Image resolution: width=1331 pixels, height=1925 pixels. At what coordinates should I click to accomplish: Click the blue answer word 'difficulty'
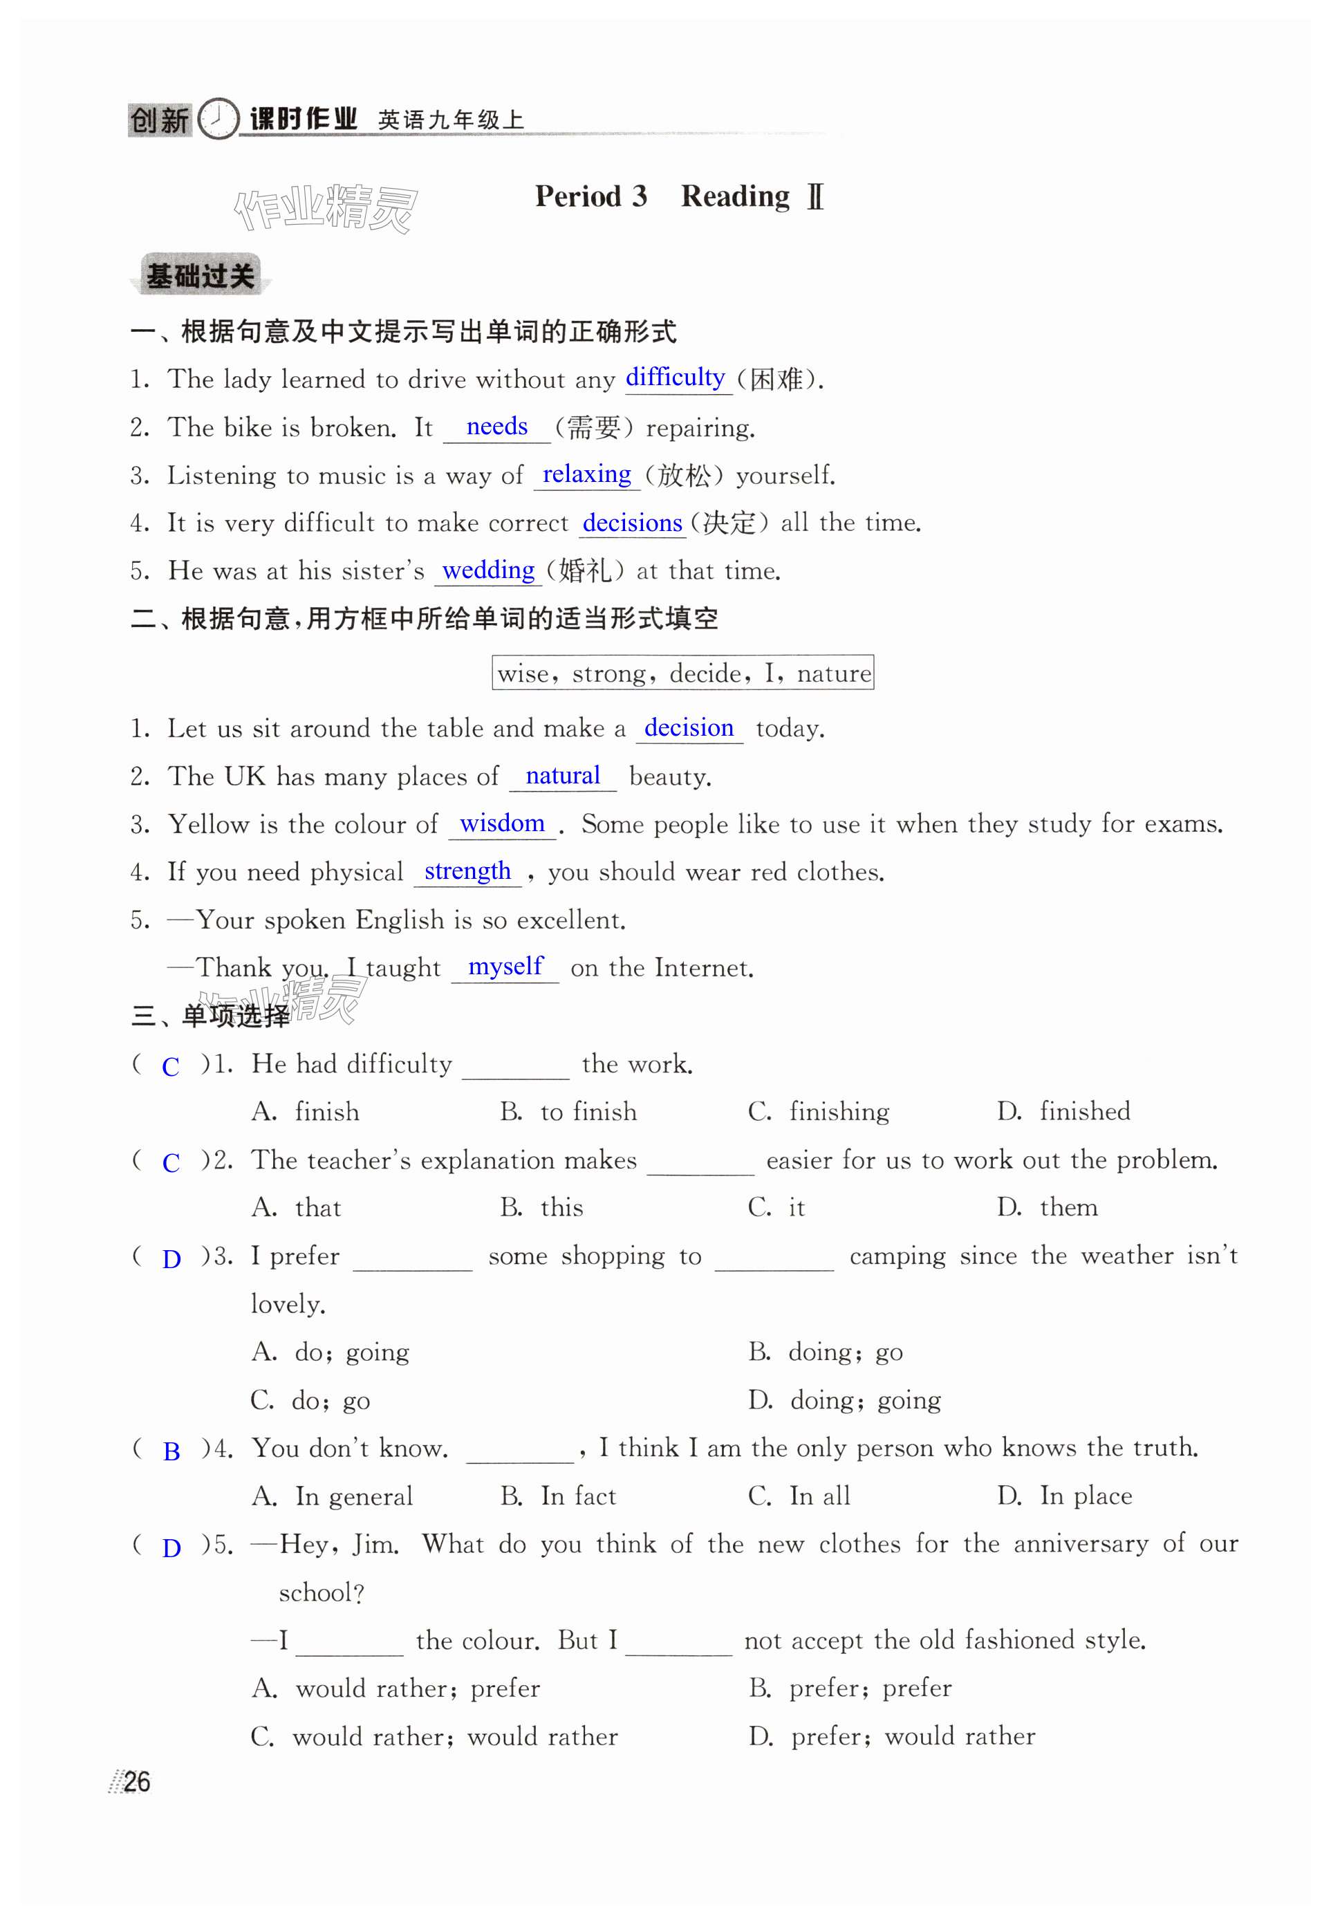[675, 377]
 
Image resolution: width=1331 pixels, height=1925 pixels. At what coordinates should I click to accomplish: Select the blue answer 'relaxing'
[586, 474]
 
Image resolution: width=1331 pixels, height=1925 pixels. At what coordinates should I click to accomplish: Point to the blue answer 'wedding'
[488, 570]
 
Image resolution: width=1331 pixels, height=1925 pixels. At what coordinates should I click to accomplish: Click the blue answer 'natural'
[563, 776]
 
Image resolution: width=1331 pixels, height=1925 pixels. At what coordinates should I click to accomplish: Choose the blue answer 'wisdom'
[502, 824]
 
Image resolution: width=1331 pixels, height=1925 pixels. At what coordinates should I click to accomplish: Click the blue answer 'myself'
[505, 966]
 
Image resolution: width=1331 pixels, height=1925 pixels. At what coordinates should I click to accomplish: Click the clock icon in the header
[218, 118]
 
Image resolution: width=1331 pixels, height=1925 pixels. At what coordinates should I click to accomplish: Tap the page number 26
[137, 1782]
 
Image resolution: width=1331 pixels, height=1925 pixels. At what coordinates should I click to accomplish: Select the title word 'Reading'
[735, 197]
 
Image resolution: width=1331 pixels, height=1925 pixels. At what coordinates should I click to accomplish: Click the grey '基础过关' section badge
[200, 275]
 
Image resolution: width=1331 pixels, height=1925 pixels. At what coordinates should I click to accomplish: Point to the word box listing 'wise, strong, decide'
[683, 672]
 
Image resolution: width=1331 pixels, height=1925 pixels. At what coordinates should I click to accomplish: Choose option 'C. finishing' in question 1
[819, 1111]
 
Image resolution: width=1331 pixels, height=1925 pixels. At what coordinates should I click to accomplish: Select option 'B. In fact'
[558, 1496]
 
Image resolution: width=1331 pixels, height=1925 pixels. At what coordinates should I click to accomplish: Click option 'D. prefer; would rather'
[891, 1736]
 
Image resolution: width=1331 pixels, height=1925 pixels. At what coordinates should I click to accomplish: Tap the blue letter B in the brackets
[171, 1452]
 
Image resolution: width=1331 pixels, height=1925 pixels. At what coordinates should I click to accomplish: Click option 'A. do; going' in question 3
[331, 1351]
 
